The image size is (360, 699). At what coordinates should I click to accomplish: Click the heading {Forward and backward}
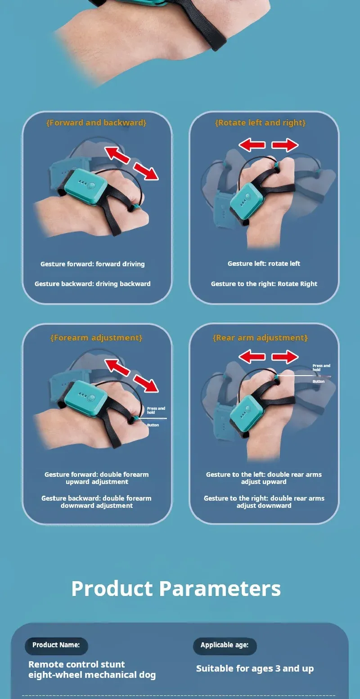96,123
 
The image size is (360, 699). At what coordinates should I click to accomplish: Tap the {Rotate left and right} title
261,123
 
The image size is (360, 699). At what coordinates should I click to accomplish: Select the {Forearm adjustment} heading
96,338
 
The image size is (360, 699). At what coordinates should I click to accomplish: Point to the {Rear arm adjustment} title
261,338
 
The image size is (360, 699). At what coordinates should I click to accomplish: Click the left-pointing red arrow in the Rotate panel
252,145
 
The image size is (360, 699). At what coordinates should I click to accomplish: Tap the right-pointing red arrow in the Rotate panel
285,145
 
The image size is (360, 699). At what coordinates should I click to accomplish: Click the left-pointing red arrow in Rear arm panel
252,357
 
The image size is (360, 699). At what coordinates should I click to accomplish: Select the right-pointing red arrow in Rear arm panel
285,357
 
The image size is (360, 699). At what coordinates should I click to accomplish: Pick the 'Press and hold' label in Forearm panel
156,410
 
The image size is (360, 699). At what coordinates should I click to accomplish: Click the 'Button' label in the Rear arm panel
319,381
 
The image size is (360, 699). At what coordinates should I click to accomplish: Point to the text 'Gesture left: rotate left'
264,264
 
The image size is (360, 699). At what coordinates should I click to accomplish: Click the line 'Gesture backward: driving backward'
92,284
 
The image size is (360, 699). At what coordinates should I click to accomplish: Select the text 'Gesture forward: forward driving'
92,264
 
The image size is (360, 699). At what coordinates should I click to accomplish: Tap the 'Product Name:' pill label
56,645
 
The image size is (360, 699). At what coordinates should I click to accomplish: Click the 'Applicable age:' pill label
225,645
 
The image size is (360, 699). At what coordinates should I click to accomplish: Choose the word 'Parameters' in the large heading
220,588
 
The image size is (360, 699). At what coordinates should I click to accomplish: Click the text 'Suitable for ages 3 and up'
255,669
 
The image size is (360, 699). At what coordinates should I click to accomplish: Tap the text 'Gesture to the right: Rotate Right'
264,284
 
